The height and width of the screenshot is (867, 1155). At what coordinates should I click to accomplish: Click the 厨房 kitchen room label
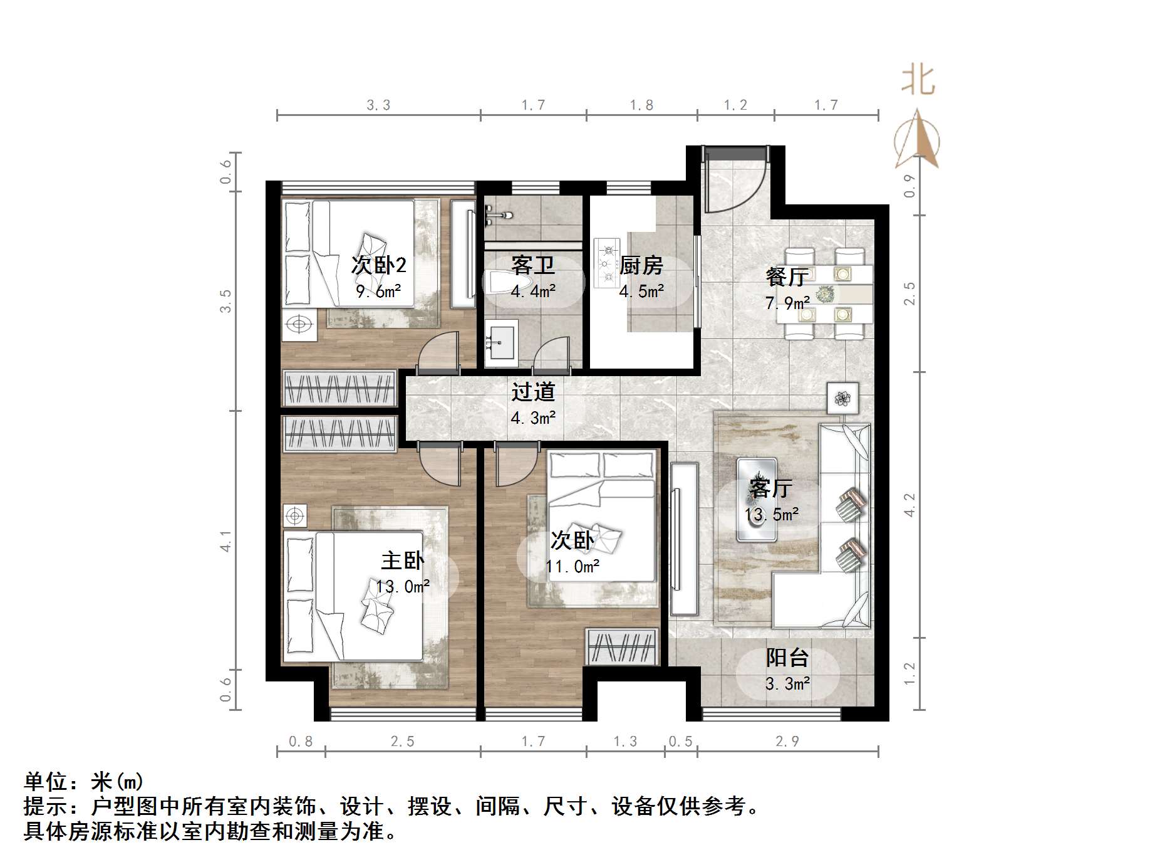pos(641,266)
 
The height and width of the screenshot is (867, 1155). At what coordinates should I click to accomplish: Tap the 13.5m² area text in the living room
pos(771,515)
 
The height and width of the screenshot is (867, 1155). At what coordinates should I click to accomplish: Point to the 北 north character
pos(918,80)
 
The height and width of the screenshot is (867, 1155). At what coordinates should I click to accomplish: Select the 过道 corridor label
pos(533,392)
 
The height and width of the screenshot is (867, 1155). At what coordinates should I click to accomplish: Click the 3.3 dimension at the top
pos(378,105)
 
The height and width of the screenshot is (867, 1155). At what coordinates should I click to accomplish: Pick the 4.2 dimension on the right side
pos(909,505)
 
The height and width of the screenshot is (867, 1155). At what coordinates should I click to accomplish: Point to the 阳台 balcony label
pos(787,658)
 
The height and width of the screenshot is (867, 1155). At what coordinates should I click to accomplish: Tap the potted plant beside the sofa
pos(842,397)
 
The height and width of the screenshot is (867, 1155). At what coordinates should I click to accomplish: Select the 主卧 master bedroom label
pos(402,560)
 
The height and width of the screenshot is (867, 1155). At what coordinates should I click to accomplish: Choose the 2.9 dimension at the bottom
pos(787,742)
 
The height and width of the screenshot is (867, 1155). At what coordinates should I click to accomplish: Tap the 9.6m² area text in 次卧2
pos(378,292)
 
